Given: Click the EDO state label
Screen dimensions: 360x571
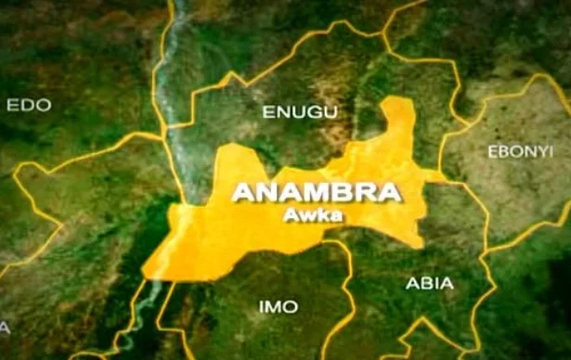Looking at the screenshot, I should (x=30, y=106).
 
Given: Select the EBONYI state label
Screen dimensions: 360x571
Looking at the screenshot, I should (x=519, y=150).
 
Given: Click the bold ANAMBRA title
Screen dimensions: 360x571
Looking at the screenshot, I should (x=317, y=193).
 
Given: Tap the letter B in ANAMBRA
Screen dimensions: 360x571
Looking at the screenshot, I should (x=340, y=193).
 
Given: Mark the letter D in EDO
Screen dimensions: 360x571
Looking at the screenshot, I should (x=29, y=106).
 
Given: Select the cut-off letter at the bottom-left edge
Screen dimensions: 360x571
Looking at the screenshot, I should (x=4, y=327).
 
